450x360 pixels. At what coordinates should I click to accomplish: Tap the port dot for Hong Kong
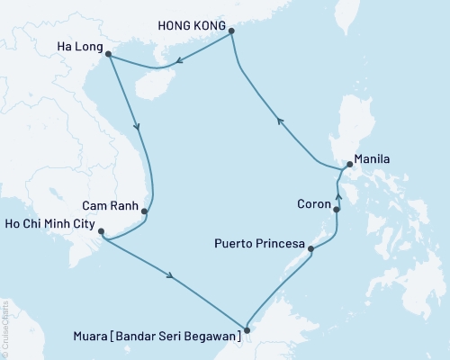(x=231, y=31)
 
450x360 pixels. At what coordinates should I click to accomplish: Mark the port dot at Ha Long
(x=109, y=55)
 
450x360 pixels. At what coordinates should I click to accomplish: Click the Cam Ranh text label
(x=112, y=203)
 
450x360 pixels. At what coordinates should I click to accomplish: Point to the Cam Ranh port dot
(x=145, y=211)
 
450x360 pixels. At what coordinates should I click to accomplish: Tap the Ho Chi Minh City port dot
(x=102, y=232)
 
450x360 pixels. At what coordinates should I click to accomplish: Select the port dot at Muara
(x=247, y=329)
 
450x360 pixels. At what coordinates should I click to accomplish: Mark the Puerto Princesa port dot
(x=310, y=248)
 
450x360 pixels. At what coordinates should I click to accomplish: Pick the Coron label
(x=312, y=203)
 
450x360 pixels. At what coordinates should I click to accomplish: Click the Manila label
(x=372, y=158)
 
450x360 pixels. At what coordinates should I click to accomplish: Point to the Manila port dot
(x=349, y=166)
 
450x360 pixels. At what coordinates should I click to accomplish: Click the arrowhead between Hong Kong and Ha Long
(x=180, y=61)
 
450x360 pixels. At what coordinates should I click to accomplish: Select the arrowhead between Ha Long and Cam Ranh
(x=137, y=128)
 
